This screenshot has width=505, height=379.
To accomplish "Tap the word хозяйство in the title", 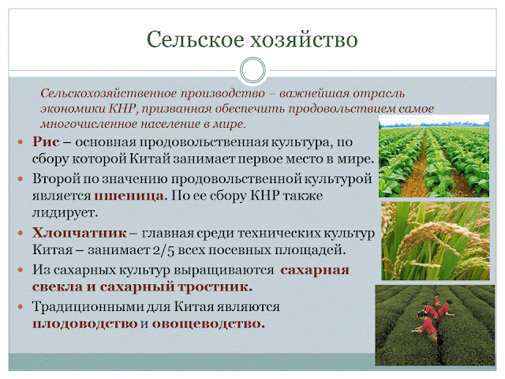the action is [304, 39].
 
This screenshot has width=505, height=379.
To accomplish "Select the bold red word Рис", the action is [46, 142].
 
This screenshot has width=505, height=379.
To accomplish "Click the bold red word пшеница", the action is [129, 195].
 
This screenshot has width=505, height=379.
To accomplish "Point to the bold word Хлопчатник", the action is [79, 232].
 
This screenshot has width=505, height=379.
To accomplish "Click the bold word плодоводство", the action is [85, 324].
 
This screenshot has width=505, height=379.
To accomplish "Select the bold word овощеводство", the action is [208, 324].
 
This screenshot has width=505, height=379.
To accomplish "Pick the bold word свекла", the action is [58, 287].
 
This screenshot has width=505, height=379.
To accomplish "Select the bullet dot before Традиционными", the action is [21, 307].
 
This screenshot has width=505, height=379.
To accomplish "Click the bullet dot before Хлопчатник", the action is [21, 233].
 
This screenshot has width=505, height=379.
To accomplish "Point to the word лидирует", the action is [65, 212].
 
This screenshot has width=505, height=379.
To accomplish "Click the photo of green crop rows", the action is [434, 156].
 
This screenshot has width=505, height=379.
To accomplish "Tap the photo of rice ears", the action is [436, 241].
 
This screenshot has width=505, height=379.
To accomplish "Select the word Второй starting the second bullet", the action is [56, 178].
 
